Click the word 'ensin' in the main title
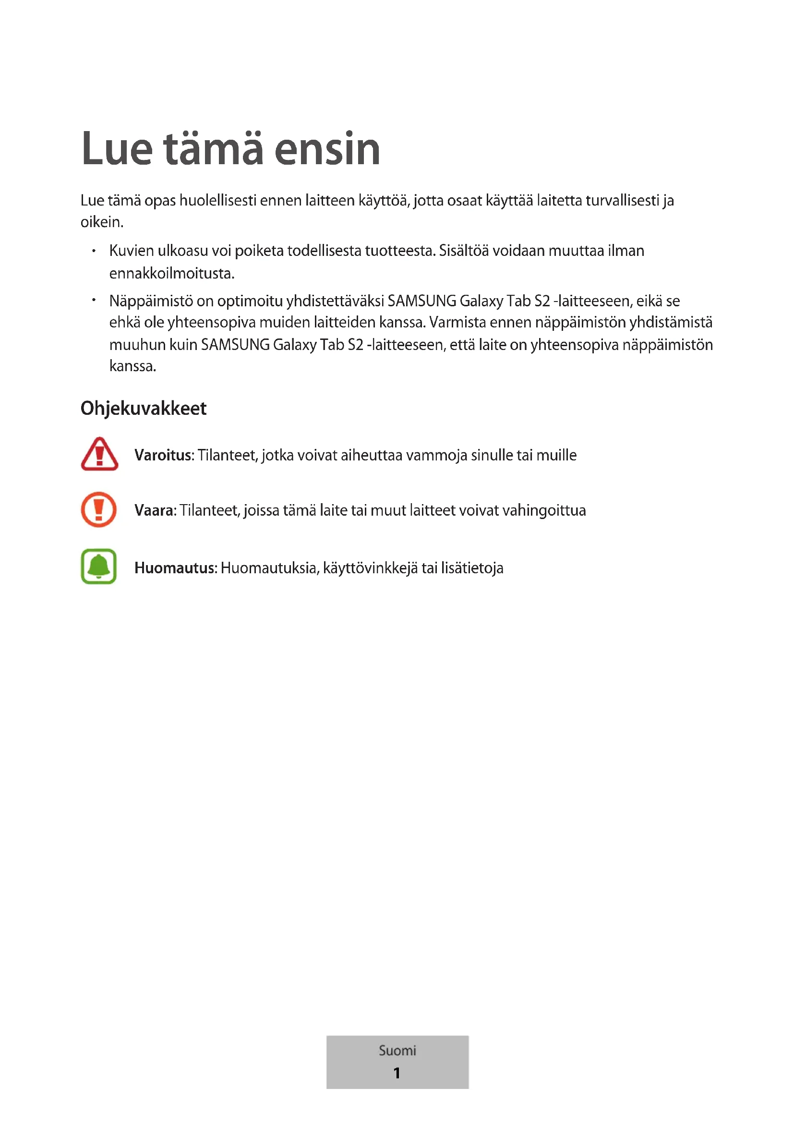click(x=327, y=149)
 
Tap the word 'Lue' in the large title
click(x=117, y=149)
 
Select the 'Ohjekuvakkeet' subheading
click(x=143, y=409)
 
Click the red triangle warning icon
click(x=99, y=454)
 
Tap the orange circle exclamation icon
click(x=99, y=510)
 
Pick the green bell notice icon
click(x=99, y=567)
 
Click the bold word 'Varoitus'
click(x=163, y=455)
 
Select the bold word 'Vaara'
click(x=154, y=511)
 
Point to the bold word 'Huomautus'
click(x=175, y=568)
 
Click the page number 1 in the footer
click(x=397, y=1073)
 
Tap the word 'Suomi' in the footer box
click(x=397, y=1050)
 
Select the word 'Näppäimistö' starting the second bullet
click(x=151, y=301)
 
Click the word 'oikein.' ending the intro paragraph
click(x=102, y=223)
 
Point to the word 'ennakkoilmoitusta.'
click(x=171, y=273)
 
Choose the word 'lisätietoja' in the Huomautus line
click(x=472, y=568)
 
